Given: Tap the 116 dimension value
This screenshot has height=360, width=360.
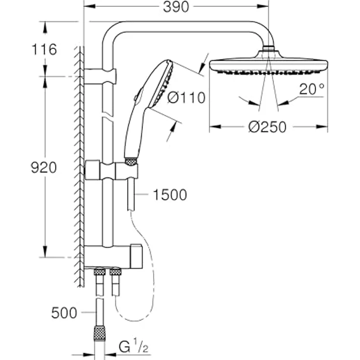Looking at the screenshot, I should (44, 49).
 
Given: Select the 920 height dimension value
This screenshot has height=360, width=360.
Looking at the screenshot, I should (44, 168).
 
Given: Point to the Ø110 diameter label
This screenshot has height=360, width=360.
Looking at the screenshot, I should (186, 98).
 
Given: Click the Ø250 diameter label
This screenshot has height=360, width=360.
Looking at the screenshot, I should (267, 127).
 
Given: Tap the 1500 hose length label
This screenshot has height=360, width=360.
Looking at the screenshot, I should (169, 195).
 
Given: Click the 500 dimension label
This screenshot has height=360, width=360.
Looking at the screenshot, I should (64, 313).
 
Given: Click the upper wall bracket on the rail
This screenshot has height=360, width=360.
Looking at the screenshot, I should (100, 76).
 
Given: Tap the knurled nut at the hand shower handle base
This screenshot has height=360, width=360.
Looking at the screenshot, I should (131, 161).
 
